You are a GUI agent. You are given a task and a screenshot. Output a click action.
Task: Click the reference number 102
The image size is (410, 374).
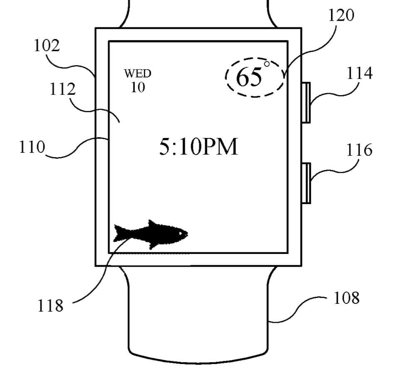tap(47, 46)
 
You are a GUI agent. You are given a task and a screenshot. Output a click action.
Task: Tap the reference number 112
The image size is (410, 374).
tap(63, 89)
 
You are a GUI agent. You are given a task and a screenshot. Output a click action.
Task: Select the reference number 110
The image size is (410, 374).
tap(32, 147)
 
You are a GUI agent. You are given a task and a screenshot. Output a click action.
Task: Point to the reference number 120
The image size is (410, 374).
tap(341, 15)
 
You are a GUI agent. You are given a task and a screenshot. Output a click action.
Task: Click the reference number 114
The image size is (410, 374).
tap(360, 73)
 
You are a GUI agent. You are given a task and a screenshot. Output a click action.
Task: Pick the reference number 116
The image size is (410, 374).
tap(359, 150)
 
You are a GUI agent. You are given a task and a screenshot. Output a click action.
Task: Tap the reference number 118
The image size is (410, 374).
tap(50, 305)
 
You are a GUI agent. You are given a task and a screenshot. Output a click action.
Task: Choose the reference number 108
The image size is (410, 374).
tap(347, 298)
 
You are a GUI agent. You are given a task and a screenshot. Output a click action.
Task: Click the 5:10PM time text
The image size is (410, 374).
tap(198, 147)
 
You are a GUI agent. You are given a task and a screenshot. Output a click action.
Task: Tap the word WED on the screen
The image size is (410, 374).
tap(138, 74)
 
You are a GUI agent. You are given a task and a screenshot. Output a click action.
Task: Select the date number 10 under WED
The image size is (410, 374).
tap(138, 87)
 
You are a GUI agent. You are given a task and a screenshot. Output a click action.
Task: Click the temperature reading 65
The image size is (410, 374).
tap(249, 77)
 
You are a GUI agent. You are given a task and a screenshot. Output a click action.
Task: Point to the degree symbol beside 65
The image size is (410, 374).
tap(267, 64)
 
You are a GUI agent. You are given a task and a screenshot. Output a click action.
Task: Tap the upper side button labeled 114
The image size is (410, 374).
tap(306, 103)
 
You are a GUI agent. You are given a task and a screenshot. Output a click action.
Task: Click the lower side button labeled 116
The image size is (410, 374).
tap(306, 183)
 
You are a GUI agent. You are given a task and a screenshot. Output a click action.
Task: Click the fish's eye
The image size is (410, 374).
tap(181, 233)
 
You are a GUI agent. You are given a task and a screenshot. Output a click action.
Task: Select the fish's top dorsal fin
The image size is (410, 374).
tap(153, 224)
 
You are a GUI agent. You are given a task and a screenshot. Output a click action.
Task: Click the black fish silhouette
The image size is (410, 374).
tap(151, 234)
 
